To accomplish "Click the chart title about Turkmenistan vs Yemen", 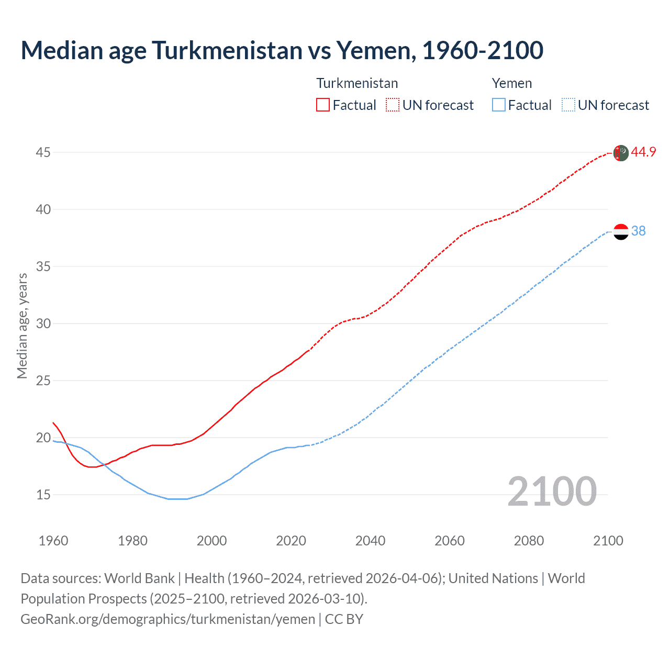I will (282, 50).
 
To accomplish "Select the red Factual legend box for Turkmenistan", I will (323, 105).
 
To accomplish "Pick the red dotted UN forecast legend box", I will (393, 105).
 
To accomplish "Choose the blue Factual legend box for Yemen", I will (499, 105).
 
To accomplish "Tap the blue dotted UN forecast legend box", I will (568, 105).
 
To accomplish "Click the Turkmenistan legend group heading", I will (357, 83).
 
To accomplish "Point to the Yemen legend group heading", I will (511, 83).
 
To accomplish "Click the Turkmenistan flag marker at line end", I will (621, 153).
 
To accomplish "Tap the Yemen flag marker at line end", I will (621, 231).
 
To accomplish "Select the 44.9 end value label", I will (643, 152).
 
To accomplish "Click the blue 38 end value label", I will (638, 231).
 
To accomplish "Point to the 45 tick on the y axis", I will (43, 152).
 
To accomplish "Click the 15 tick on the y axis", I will (43, 495).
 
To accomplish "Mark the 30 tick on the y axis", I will (43, 323).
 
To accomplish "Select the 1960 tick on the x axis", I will (53, 541).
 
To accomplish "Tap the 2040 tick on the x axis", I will (370, 541).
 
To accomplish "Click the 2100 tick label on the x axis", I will (608, 541).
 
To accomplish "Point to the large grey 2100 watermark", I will (552, 491).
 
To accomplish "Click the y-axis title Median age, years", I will (22, 326).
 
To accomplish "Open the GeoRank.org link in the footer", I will (167, 619).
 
